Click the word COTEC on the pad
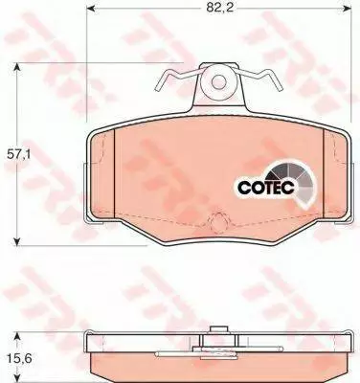(266, 188)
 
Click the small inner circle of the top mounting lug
(218, 82)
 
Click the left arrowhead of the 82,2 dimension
(90, 8)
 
